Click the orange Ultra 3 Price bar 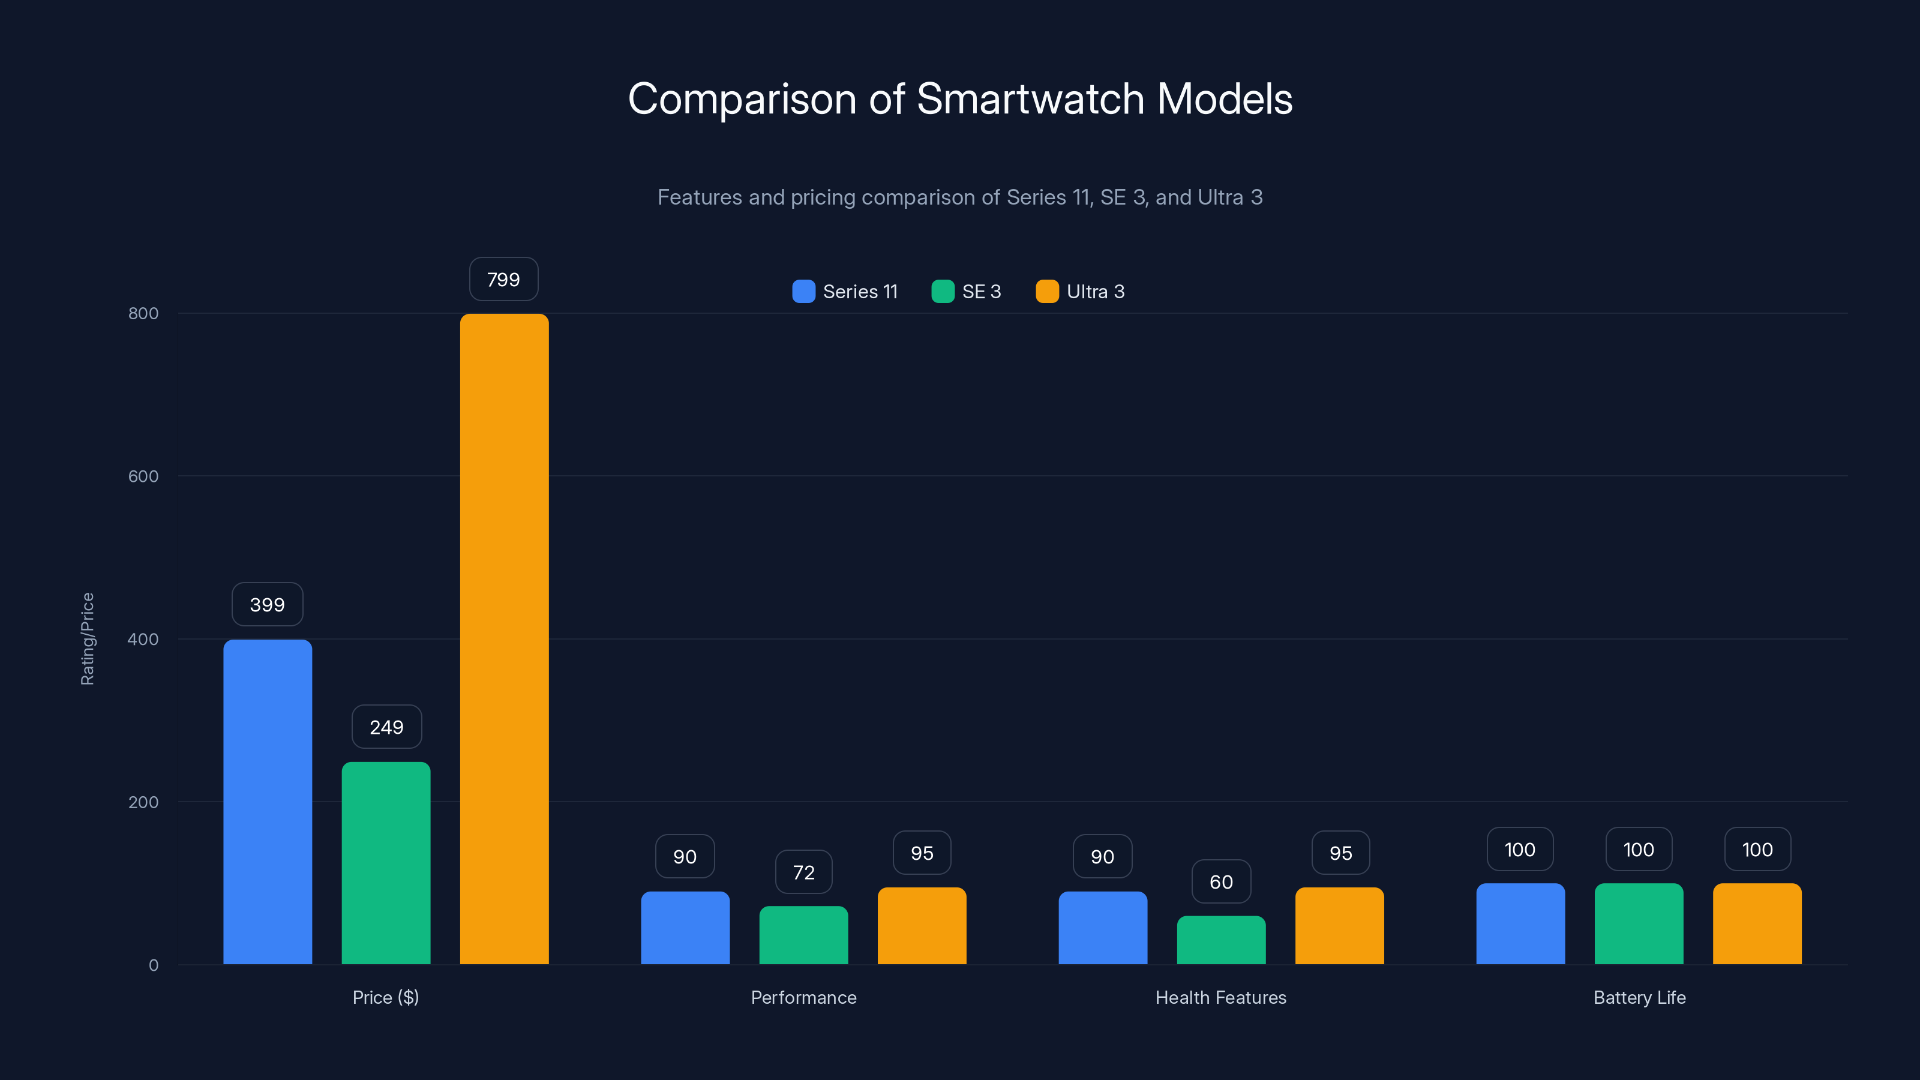[x=504, y=639]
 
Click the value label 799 [x=504, y=280]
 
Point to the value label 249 [x=386, y=727]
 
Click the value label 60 [x=1221, y=882]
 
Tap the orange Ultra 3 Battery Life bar [x=1757, y=923]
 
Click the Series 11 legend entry [x=845, y=292]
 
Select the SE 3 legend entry [x=967, y=292]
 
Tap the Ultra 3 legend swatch [x=1047, y=292]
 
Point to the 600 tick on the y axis [x=143, y=476]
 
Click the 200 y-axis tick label [x=143, y=802]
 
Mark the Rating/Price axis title [x=87, y=639]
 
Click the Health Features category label [x=1221, y=997]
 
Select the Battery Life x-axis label [x=1639, y=997]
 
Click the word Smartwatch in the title [x=1030, y=98]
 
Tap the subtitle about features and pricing [x=960, y=197]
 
